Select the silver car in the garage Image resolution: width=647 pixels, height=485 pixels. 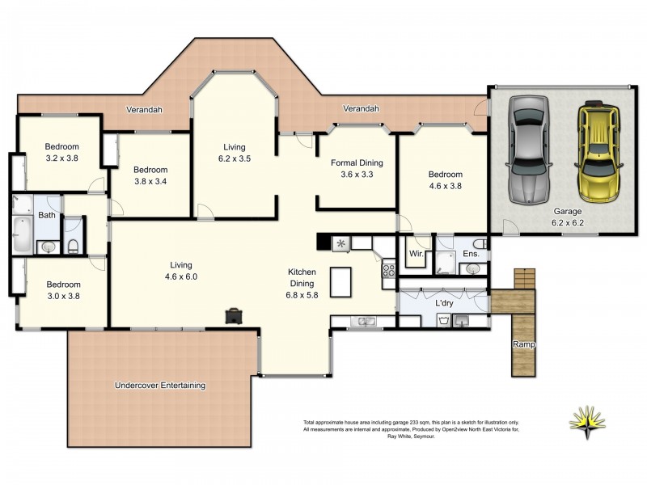[527, 150]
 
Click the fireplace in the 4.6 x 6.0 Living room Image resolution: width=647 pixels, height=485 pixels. [234, 315]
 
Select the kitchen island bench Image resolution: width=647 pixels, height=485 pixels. [341, 281]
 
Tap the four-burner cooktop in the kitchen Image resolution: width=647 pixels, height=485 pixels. [388, 272]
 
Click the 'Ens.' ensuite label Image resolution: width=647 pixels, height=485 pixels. [472, 253]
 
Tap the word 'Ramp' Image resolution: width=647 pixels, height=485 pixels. [522, 345]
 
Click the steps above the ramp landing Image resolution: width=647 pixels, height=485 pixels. [525, 279]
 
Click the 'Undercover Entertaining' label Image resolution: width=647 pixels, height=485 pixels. [159, 386]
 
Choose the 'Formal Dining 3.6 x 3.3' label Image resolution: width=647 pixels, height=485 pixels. [357, 168]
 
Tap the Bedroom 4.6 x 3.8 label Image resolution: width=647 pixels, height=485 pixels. [445, 179]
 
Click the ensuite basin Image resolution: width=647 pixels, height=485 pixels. [472, 268]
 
